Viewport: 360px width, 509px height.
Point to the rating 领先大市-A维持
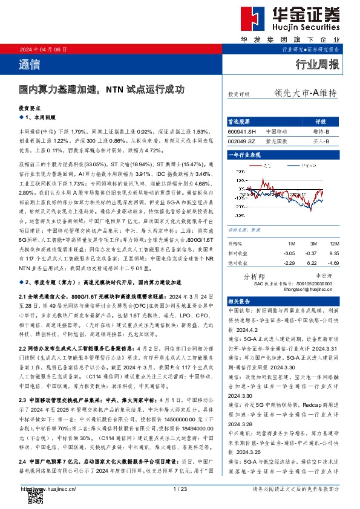click(x=305, y=93)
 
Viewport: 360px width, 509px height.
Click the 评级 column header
click(x=321, y=121)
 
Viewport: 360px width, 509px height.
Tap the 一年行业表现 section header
click(x=245, y=155)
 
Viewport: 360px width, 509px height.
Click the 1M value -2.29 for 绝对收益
click(x=290, y=263)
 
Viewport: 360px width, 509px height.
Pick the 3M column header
click(x=312, y=243)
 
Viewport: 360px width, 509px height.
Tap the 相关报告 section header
click(x=241, y=300)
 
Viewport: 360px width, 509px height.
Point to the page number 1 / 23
click(x=180, y=489)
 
